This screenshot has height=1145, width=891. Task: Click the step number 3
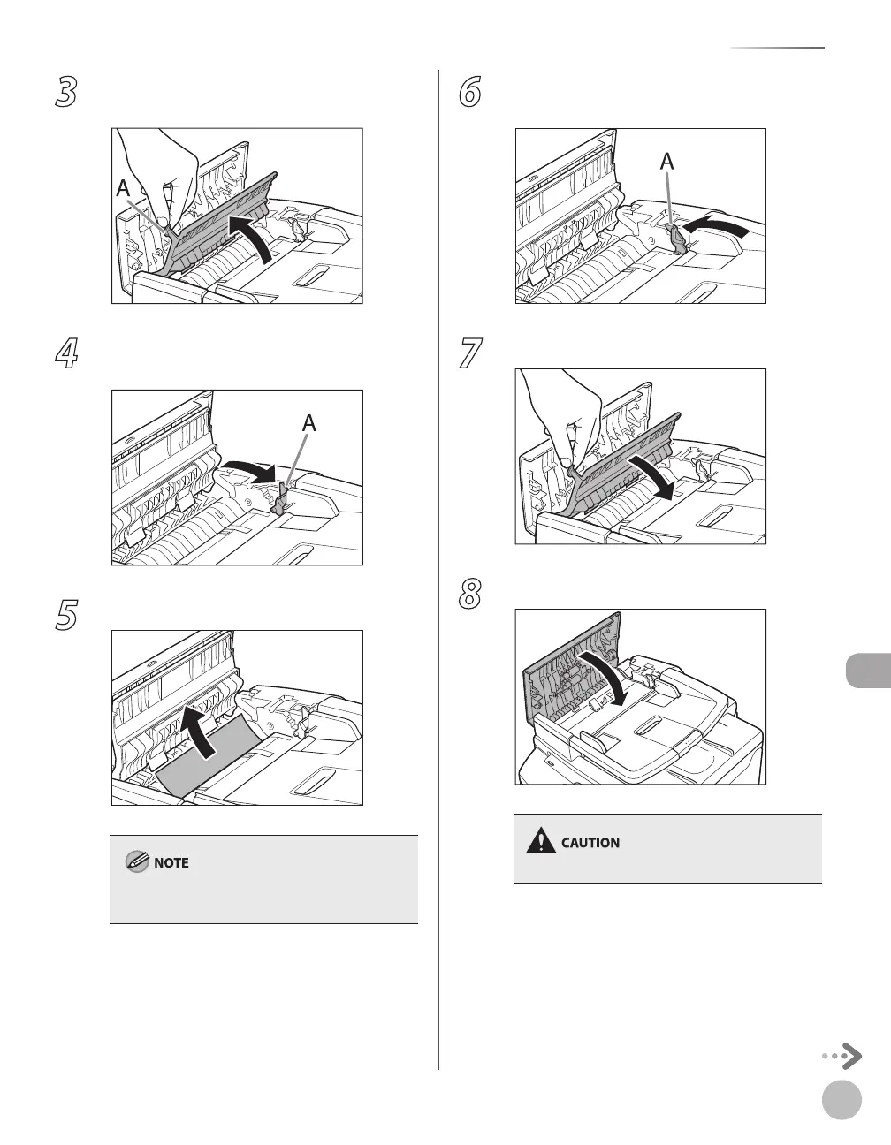pyautogui.click(x=66, y=92)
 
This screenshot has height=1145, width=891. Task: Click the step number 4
pyautogui.click(x=66, y=353)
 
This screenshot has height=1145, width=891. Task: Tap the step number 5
pyautogui.click(x=66, y=614)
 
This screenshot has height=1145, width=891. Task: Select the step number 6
pyautogui.click(x=469, y=92)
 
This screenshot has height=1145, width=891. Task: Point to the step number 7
pyautogui.click(x=470, y=353)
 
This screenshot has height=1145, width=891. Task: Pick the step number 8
pyautogui.click(x=469, y=594)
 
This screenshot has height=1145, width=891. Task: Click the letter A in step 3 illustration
pyautogui.click(x=123, y=188)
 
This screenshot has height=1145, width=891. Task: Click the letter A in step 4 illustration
pyautogui.click(x=309, y=423)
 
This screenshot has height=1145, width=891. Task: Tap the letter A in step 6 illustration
pyautogui.click(x=667, y=162)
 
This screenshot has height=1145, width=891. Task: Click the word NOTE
pyautogui.click(x=171, y=862)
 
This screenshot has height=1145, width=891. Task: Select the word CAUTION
pyautogui.click(x=590, y=843)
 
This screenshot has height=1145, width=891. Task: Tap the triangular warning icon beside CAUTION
pyautogui.click(x=541, y=841)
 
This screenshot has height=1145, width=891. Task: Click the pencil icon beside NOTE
pyautogui.click(x=137, y=862)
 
